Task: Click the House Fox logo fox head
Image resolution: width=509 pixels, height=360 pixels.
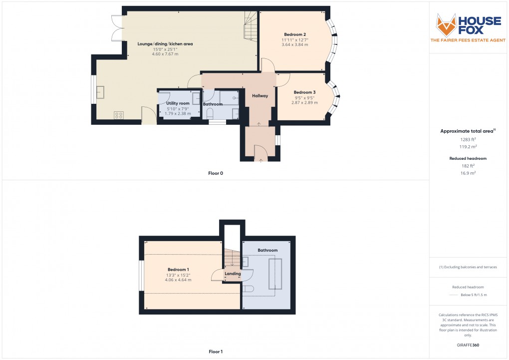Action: click(447, 24)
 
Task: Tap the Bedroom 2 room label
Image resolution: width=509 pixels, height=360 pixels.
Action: click(294, 34)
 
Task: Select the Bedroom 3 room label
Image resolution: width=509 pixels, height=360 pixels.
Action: click(304, 92)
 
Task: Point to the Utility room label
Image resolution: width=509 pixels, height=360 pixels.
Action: click(178, 103)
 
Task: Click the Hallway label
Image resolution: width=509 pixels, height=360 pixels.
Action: click(260, 96)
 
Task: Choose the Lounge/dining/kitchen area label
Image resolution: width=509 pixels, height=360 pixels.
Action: click(165, 44)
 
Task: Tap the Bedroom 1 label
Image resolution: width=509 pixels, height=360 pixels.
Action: click(178, 270)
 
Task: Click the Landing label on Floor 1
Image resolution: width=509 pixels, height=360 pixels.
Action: click(233, 274)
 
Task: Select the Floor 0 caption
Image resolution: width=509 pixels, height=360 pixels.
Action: click(216, 173)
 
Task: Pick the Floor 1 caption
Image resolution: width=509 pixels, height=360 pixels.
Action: click(216, 352)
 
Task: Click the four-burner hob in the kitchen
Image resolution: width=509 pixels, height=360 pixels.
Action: click(119, 115)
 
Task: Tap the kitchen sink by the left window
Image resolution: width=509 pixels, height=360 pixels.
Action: click(100, 92)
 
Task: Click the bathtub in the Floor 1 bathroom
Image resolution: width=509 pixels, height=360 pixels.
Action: click(275, 274)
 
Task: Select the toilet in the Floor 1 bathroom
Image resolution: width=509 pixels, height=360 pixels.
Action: click(249, 288)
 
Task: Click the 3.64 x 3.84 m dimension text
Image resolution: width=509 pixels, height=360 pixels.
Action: click(294, 45)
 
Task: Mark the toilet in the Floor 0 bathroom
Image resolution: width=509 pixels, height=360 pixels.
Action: click(210, 113)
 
